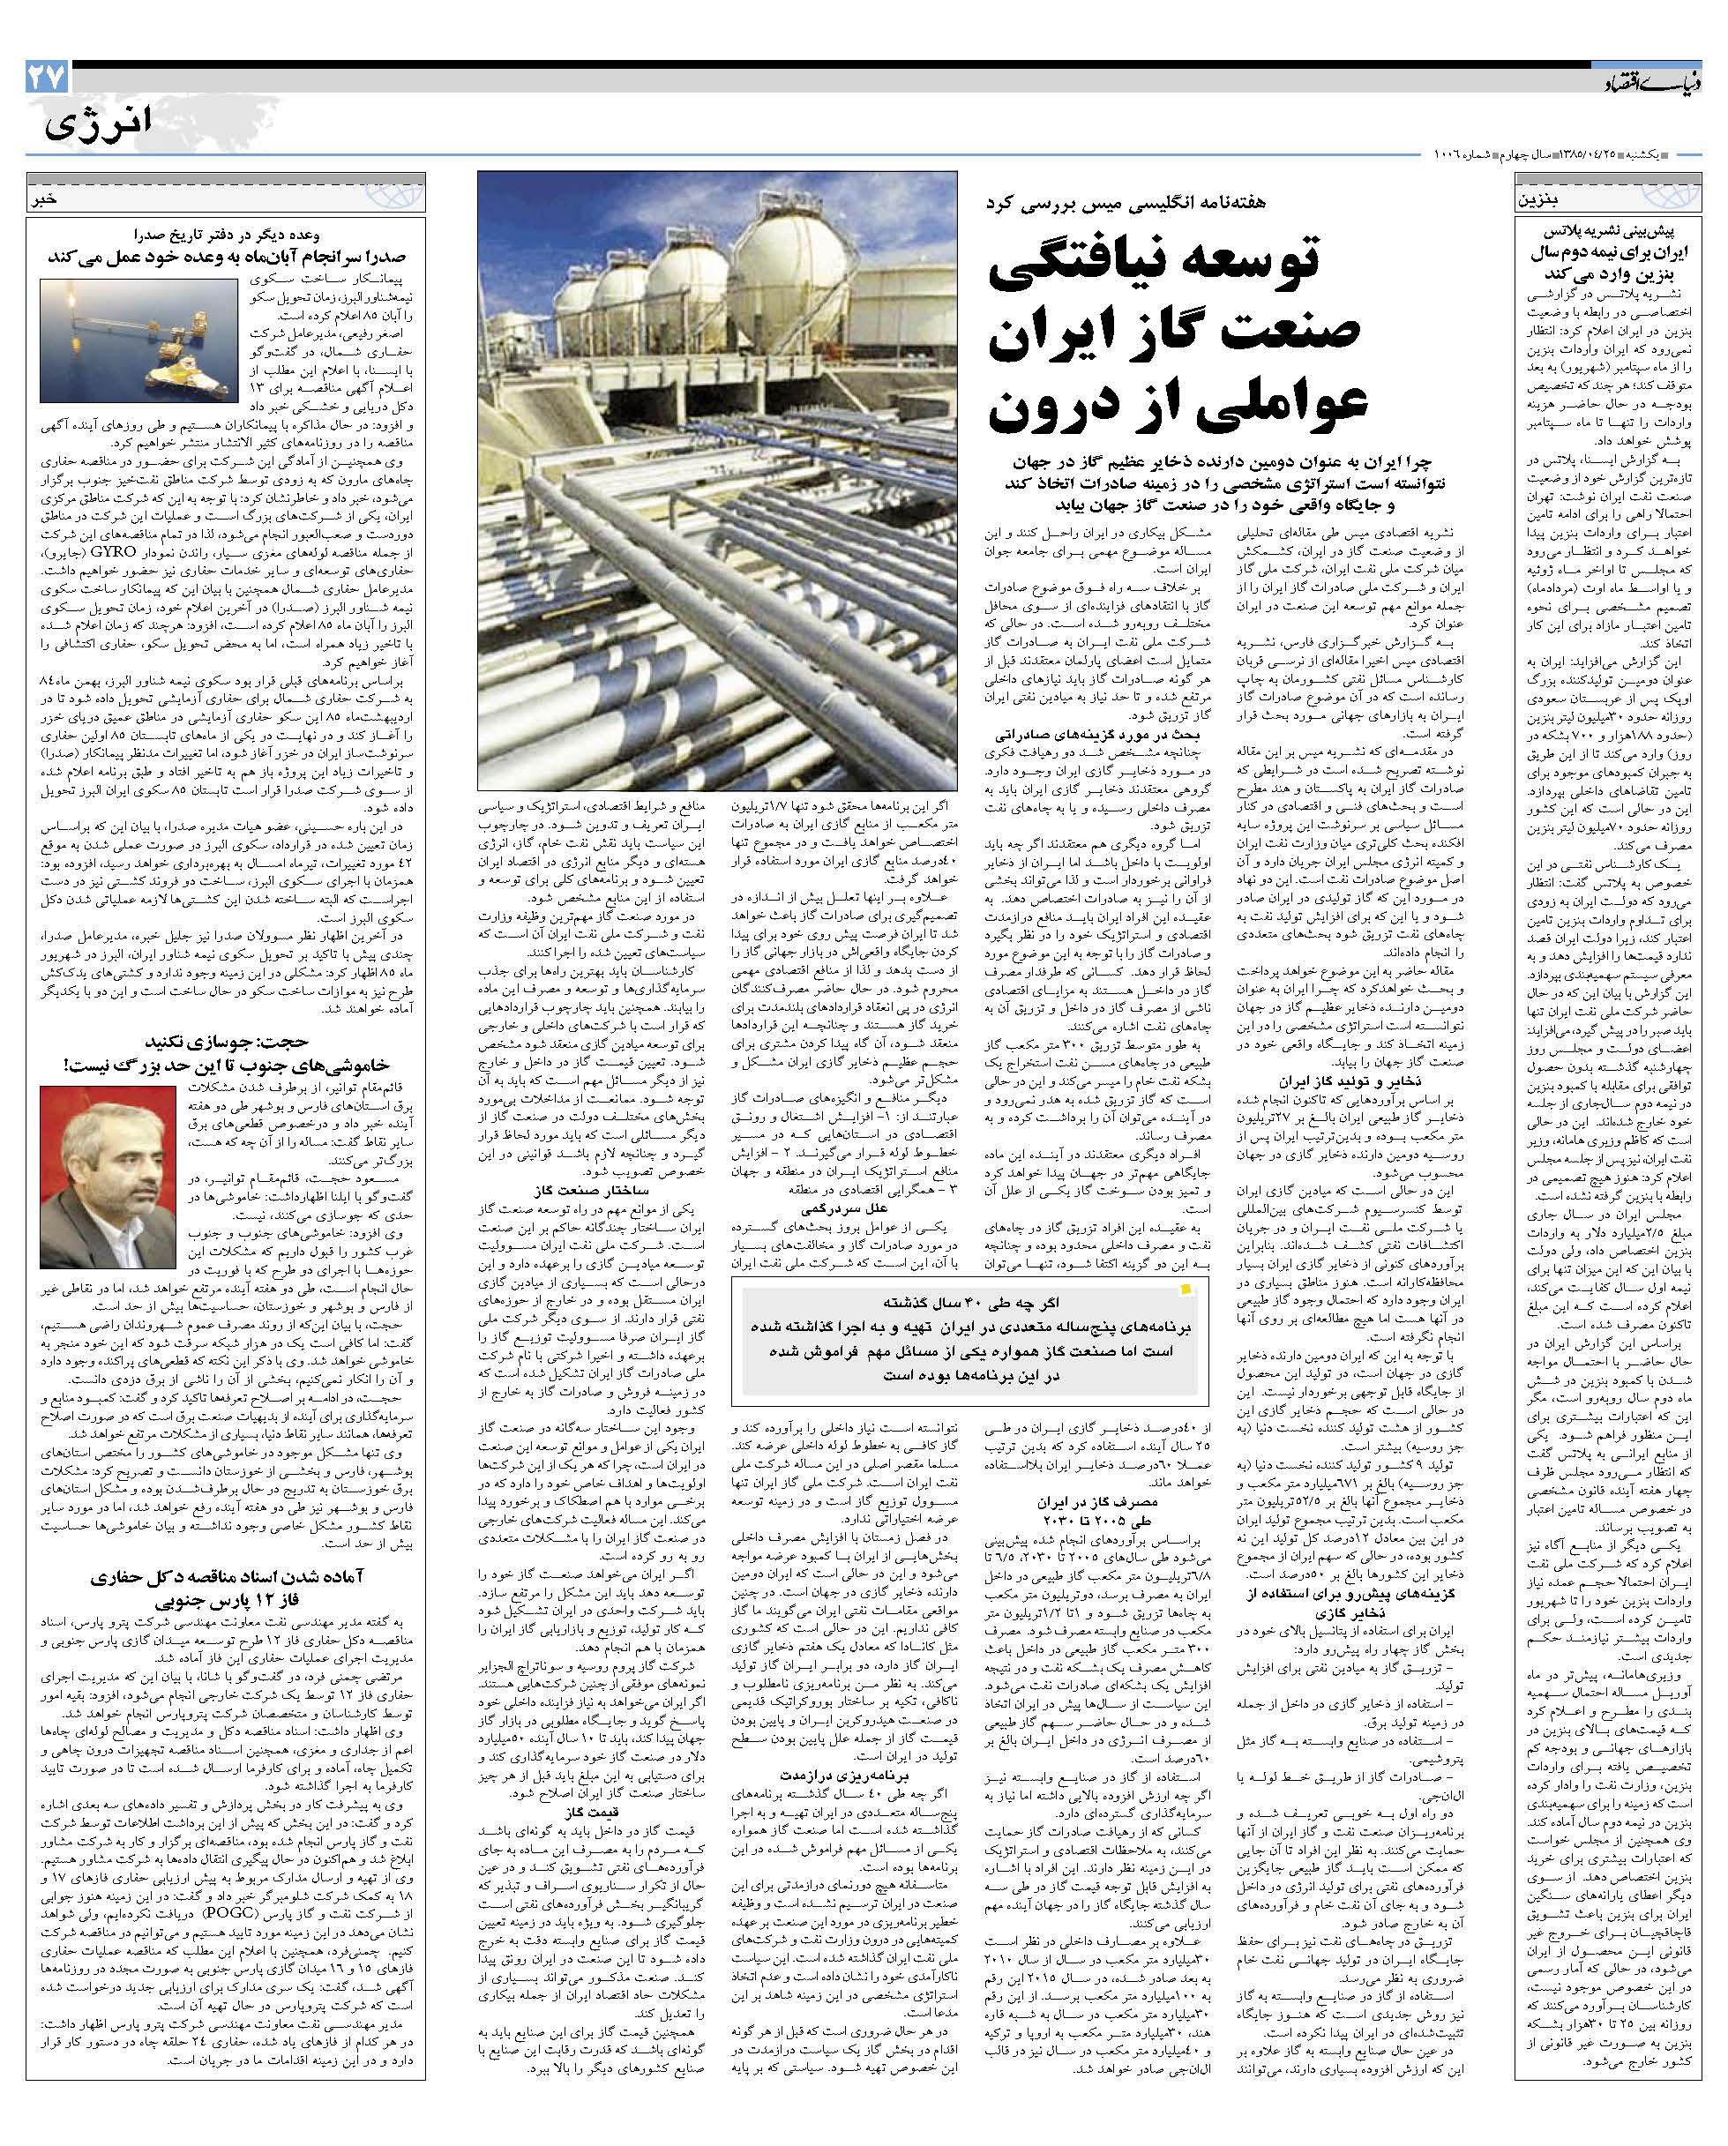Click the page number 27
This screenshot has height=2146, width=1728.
click(x=47, y=78)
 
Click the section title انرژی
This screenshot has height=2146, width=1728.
click(x=100, y=123)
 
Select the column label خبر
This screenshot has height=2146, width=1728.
click(x=48, y=199)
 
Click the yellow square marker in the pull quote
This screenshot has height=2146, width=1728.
click(x=1185, y=1291)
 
